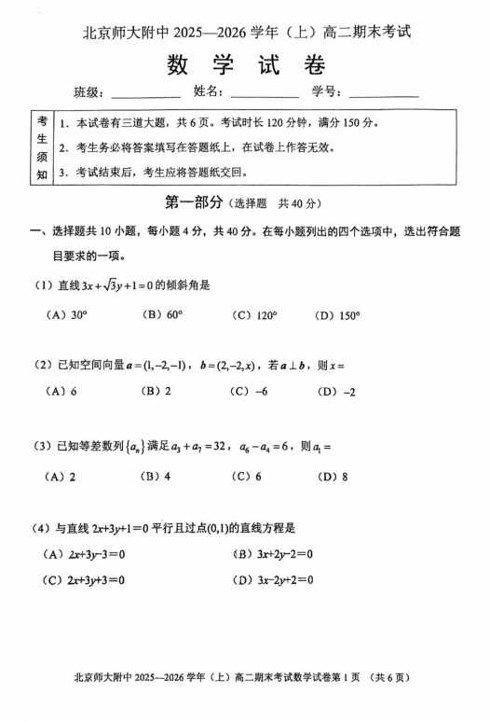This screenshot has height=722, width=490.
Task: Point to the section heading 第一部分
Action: coord(194,202)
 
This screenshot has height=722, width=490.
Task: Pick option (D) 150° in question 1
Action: coord(337,315)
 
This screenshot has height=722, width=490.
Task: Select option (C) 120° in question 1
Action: coord(255,315)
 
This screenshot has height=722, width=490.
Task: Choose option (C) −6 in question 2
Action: coord(249,392)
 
